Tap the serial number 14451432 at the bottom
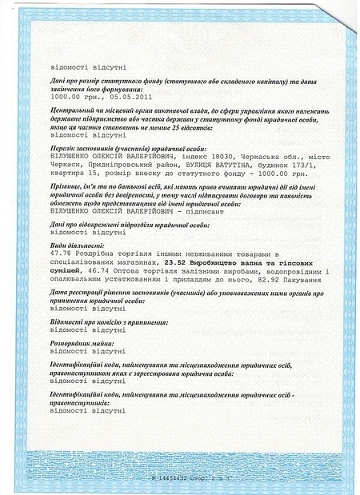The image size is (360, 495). tap(180, 477)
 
